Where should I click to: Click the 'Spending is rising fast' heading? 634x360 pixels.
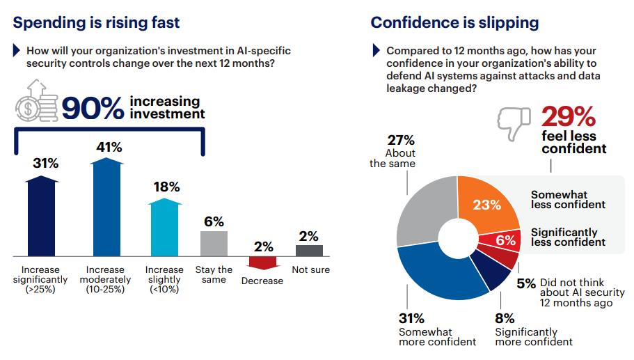point(96,22)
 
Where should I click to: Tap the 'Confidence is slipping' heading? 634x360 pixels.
point(454,22)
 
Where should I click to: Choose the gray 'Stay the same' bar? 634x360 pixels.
point(214,243)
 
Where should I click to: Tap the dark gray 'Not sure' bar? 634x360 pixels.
point(309,251)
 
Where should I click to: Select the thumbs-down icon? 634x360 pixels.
point(513,122)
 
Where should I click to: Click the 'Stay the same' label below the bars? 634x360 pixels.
point(214,274)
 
